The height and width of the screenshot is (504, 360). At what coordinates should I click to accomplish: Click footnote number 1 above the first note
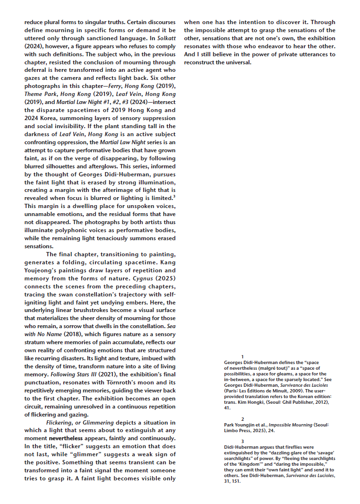(x=242, y=356)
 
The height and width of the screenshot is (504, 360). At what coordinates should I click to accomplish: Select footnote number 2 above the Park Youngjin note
(x=242, y=419)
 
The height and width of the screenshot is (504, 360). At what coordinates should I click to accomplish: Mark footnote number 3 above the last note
(x=242, y=441)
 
